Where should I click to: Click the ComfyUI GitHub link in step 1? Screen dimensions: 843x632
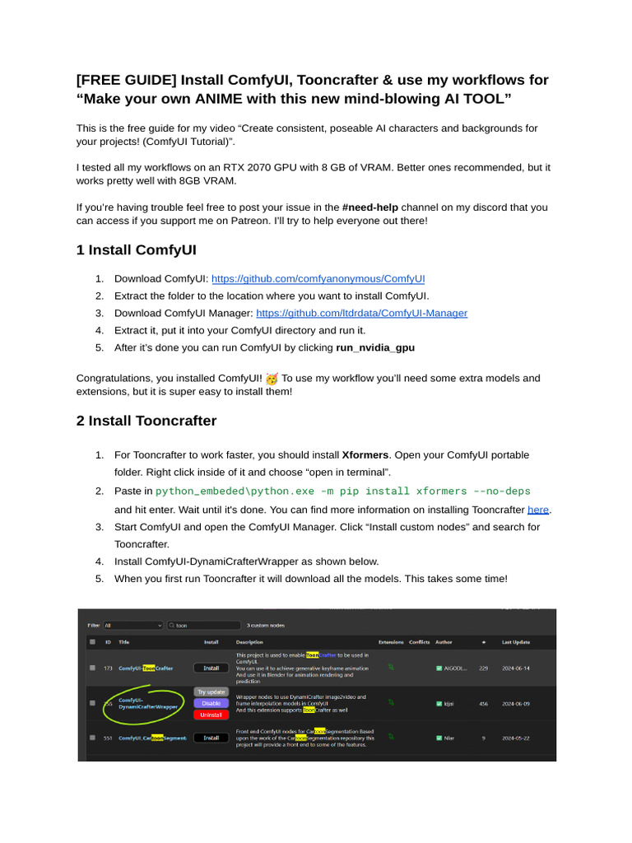(x=318, y=279)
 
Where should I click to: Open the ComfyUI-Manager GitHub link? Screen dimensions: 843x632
(x=361, y=313)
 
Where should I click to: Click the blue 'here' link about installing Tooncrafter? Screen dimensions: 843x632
(x=538, y=510)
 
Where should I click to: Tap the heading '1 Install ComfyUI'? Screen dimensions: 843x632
(x=136, y=249)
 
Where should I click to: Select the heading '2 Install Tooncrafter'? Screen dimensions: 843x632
(x=146, y=421)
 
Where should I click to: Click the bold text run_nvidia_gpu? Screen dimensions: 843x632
(x=375, y=347)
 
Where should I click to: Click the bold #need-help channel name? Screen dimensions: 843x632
(x=381, y=207)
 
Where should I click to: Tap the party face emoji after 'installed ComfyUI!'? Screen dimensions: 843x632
(x=272, y=378)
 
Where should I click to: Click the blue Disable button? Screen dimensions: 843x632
(x=211, y=703)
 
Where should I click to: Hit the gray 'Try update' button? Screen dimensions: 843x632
(x=211, y=692)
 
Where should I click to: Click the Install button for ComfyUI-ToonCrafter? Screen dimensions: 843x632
(x=211, y=668)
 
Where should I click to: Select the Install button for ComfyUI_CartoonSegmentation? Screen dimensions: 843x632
(x=211, y=738)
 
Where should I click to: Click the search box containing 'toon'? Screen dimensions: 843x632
(x=204, y=625)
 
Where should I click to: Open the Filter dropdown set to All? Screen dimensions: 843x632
(x=132, y=625)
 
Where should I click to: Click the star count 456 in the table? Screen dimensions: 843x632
(x=483, y=703)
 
